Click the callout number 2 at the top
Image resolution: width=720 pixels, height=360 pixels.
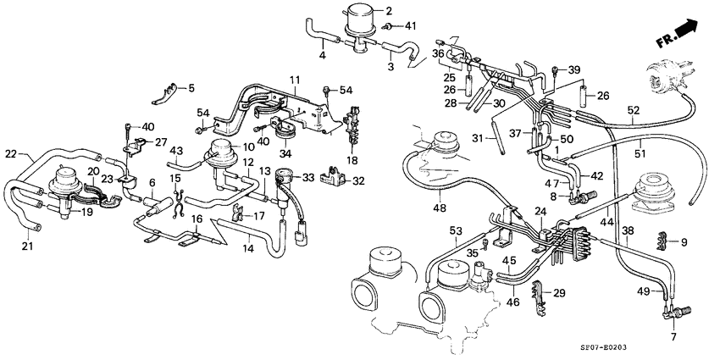[390, 11]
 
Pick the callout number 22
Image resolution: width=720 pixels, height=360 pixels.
[11, 153]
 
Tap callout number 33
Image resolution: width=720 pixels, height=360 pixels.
[307, 177]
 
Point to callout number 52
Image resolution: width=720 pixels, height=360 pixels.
[633, 110]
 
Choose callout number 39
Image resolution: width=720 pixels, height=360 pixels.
[573, 69]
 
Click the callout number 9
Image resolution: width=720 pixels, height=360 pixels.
[684, 243]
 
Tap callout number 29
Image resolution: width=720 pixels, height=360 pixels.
[559, 293]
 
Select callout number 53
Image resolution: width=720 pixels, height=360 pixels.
[455, 230]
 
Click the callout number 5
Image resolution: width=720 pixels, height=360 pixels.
[191, 87]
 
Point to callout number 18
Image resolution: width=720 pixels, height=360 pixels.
[352, 159]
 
